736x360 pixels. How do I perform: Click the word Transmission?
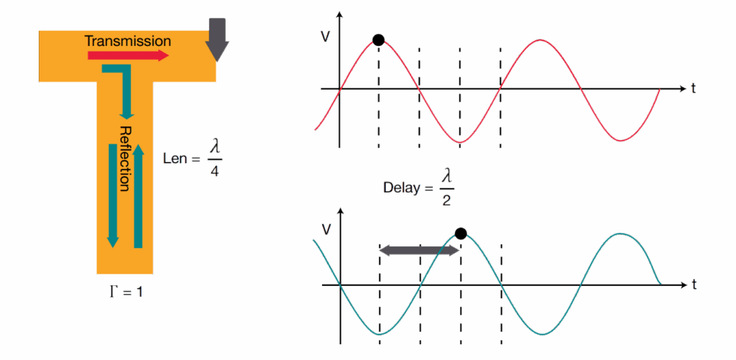click(x=128, y=41)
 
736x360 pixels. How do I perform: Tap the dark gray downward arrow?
click(x=217, y=39)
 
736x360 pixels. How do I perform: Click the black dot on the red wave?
click(x=378, y=40)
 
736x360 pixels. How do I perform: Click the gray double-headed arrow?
click(x=420, y=250)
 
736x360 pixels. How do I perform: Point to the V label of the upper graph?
click(x=326, y=36)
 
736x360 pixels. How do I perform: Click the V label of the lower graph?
click(x=326, y=230)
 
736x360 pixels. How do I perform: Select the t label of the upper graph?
click(x=694, y=89)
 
